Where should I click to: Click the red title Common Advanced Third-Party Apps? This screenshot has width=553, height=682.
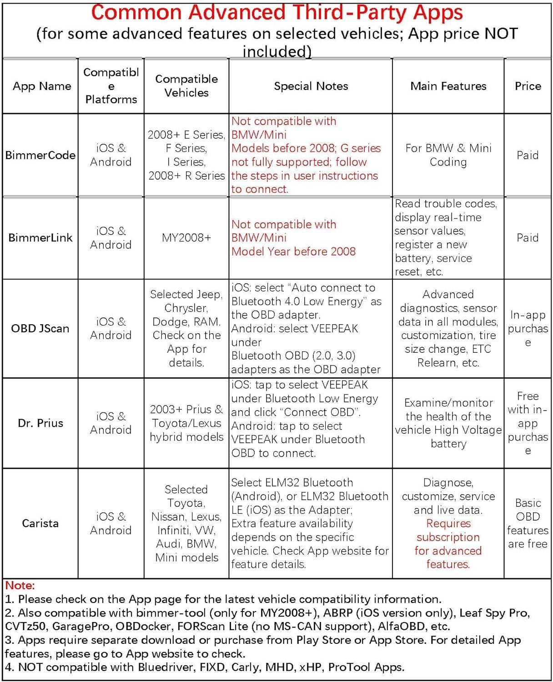(276, 12)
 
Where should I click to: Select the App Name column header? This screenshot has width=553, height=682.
(42, 86)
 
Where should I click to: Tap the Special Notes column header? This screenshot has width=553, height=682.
(311, 86)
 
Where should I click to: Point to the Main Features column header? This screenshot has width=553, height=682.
(448, 86)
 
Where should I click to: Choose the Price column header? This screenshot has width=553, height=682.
(528, 86)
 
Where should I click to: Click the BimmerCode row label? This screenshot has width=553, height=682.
(40, 155)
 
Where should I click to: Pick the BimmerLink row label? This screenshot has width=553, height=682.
(40, 237)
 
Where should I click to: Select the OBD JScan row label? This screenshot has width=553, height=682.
(40, 328)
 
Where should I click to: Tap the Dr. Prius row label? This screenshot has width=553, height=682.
(40, 423)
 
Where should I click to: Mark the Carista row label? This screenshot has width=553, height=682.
(40, 523)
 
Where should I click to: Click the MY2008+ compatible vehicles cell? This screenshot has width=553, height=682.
(186, 237)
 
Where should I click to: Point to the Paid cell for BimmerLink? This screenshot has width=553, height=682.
(528, 237)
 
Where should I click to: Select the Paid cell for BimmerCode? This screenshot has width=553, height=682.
(528, 155)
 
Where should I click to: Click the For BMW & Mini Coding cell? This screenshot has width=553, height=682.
(448, 155)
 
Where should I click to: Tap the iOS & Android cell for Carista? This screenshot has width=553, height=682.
(111, 523)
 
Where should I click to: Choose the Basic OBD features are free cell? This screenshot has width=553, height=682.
(528, 523)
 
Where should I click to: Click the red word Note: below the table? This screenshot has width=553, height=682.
(20, 585)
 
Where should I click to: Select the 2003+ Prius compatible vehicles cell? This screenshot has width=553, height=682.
(186, 423)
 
